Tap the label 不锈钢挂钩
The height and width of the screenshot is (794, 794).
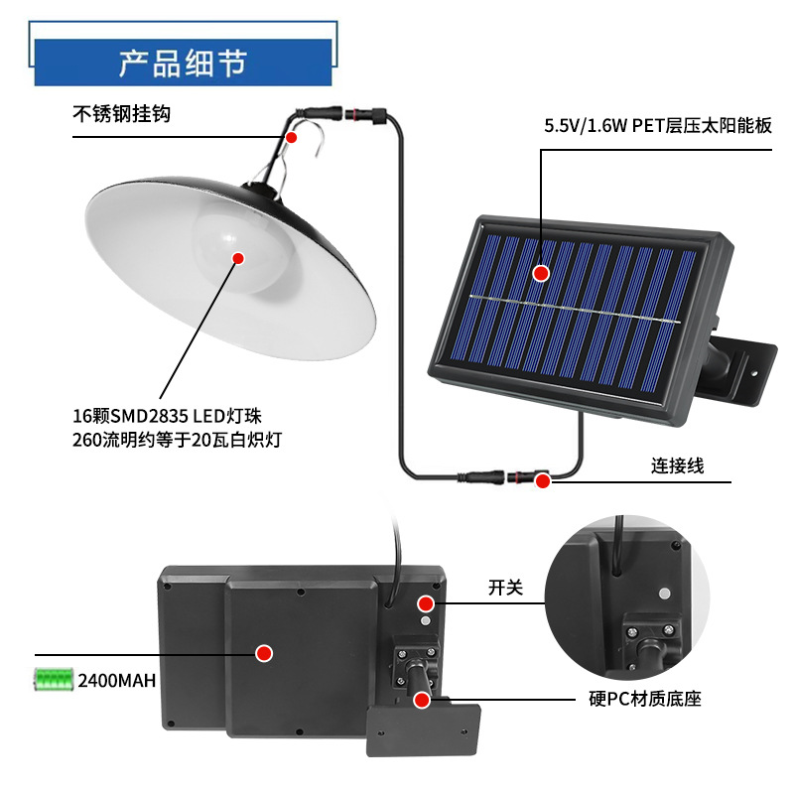(122, 114)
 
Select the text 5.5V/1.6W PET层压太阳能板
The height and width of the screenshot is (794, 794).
(657, 126)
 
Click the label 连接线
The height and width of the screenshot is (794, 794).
(677, 465)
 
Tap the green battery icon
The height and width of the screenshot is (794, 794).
(54, 680)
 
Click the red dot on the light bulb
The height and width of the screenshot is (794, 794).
(238, 258)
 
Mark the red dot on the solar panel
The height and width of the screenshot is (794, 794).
(541, 272)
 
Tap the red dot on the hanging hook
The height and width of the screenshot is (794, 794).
(291, 137)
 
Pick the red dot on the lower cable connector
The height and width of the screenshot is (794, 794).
(543, 481)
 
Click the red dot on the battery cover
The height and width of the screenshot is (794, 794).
(264, 653)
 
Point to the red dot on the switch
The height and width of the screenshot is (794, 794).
(426, 602)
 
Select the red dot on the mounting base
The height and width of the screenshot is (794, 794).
(422, 700)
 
